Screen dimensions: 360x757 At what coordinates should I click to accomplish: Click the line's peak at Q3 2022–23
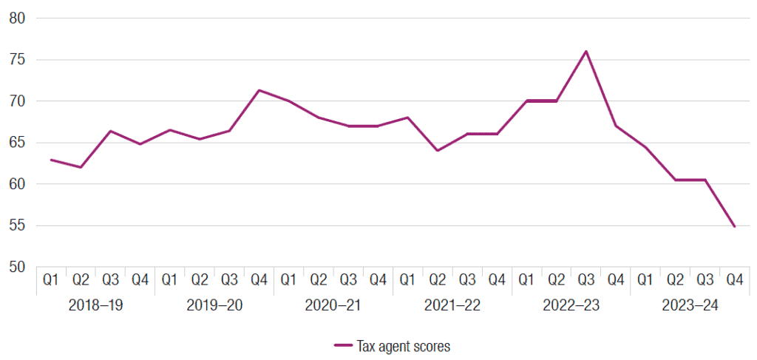coord(585,51)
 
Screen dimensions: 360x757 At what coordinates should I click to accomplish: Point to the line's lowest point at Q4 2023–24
coord(734,226)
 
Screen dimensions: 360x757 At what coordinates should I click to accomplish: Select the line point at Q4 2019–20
coord(259,90)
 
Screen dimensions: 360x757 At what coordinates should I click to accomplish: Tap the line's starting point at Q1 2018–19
coord(50,160)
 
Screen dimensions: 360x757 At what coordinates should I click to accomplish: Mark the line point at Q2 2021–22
coord(438,151)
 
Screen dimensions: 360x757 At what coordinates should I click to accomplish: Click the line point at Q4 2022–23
coord(615,126)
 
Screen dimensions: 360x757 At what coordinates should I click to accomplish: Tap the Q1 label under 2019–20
coord(169,280)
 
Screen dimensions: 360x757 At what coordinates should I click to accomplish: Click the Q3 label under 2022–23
coord(585,280)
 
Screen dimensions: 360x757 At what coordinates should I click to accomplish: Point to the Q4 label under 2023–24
coord(734,280)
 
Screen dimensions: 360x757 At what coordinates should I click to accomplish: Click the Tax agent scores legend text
coord(403,346)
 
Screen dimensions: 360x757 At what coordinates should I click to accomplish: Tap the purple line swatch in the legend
coord(342,346)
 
